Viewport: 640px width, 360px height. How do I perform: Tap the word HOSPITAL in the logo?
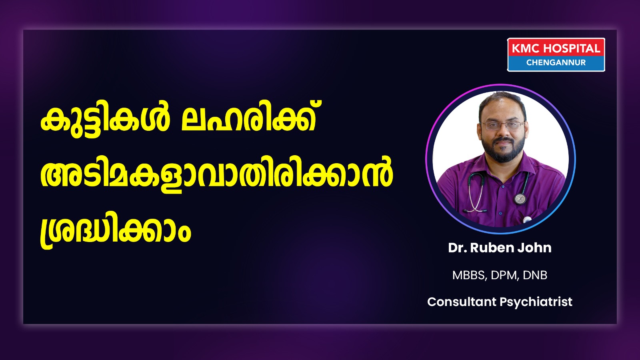[x=572, y=48]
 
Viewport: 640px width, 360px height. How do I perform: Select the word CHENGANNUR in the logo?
[x=556, y=62]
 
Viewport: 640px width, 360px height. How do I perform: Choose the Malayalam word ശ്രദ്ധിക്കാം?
[x=116, y=230]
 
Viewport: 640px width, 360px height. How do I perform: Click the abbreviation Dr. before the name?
[x=458, y=248]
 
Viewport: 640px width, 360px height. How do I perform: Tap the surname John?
[x=529, y=248]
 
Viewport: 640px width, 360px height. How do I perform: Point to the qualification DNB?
[x=535, y=275]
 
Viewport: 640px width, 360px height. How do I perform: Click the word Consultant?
[x=462, y=302]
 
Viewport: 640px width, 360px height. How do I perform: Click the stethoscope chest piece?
[x=520, y=198]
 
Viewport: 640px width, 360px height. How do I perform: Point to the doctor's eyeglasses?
[x=503, y=125]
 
